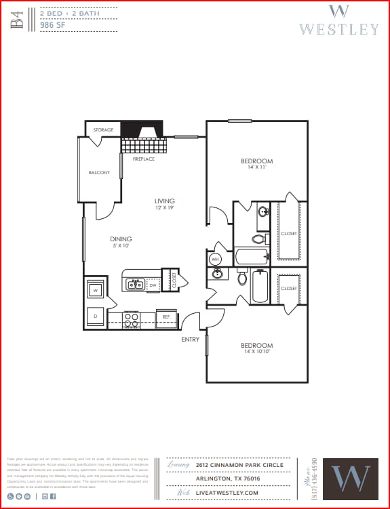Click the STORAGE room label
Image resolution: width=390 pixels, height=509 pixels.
[103, 129]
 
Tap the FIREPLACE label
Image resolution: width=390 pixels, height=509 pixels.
[143, 159]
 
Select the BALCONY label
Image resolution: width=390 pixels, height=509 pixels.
[99, 173]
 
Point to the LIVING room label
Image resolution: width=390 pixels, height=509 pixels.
[164, 201]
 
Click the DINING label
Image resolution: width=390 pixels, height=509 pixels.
[121, 239]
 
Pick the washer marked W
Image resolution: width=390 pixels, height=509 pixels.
[95, 290]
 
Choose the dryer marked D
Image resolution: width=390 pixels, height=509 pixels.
[95, 317]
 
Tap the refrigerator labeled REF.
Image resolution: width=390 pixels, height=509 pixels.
[165, 317]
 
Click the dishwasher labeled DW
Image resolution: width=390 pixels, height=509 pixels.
[153, 285]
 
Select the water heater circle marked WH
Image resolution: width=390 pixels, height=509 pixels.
[215, 259]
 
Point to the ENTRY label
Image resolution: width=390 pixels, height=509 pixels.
[191, 339]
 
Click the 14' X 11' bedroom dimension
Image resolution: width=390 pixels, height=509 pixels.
[257, 167]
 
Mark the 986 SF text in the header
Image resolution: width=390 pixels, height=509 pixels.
[53, 24]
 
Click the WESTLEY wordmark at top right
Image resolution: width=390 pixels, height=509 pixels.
[339, 29]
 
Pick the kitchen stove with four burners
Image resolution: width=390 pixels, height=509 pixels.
[132, 317]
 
